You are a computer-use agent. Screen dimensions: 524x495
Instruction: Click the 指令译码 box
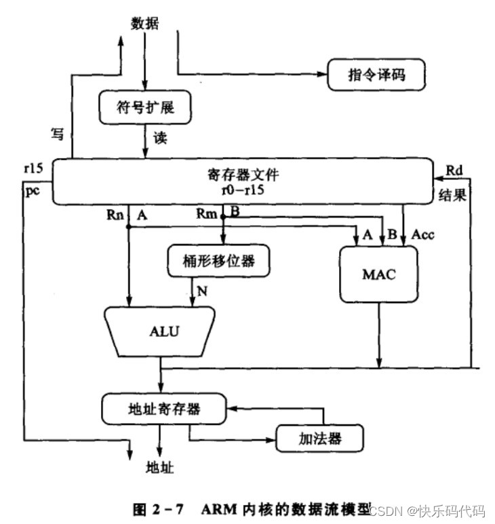(x=376, y=75)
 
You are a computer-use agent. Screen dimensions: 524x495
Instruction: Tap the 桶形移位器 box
(x=219, y=259)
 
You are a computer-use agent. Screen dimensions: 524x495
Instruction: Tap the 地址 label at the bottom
(x=161, y=468)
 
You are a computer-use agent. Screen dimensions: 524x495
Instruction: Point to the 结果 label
(x=449, y=195)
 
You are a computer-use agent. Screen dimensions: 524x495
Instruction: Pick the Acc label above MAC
(x=423, y=235)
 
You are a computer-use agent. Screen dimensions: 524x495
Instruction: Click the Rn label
(x=115, y=215)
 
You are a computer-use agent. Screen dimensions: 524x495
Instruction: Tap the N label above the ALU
(x=201, y=292)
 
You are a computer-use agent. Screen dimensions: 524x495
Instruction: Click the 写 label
(x=58, y=134)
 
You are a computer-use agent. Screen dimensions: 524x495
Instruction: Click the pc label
(x=32, y=193)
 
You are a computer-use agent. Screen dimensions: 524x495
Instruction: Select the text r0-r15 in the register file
(x=242, y=190)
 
